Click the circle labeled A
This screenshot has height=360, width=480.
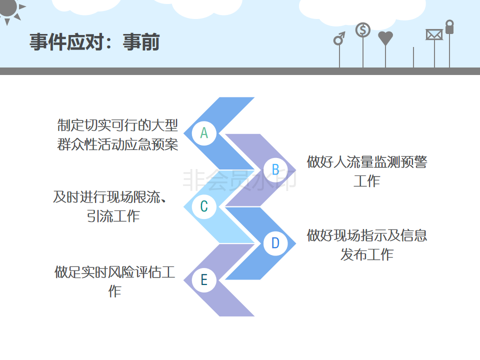(x=204, y=133)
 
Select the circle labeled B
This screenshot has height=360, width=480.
(x=275, y=169)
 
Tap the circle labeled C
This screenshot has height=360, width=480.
(x=204, y=206)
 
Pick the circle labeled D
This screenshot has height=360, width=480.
(x=275, y=243)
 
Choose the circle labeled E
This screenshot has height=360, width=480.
(x=204, y=280)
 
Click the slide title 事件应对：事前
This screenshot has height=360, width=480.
(x=94, y=42)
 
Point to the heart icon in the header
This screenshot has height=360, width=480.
(x=385, y=38)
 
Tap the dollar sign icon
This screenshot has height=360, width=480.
(x=363, y=30)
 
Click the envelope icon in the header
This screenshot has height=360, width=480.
(x=434, y=34)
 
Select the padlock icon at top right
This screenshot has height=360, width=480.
(x=449, y=27)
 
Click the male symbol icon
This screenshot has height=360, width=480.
(x=339, y=38)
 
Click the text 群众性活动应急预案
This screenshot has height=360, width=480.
(x=117, y=145)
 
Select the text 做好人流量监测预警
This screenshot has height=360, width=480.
(x=367, y=162)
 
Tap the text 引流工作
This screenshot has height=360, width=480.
(x=114, y=216)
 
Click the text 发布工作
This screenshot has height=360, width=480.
(x=367, y=254)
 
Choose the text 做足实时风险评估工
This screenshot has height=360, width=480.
(x=114, y=272)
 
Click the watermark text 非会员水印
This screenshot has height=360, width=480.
(x=239, y=180)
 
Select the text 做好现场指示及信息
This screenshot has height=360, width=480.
(x=367, y=235)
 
